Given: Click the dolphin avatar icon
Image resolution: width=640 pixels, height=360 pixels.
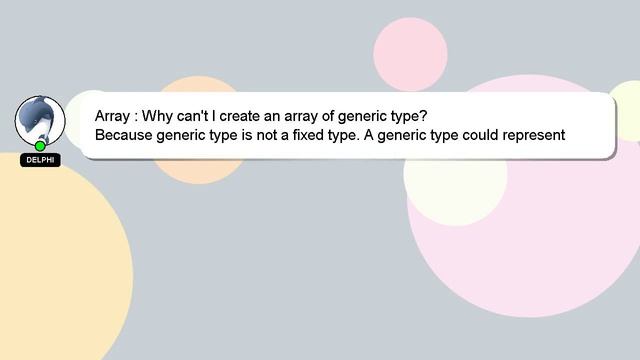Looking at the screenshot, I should point(39,120).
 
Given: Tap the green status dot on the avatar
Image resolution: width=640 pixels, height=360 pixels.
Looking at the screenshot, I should point(40,146).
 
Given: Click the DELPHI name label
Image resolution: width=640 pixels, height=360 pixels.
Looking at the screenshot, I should point(40,160).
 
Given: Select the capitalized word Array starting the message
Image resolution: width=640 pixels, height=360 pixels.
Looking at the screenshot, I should point(113,115).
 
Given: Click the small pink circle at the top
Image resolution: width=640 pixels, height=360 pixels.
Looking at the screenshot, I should point(410,53).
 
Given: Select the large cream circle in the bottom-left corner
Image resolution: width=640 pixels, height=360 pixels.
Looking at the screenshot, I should point(50,270).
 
